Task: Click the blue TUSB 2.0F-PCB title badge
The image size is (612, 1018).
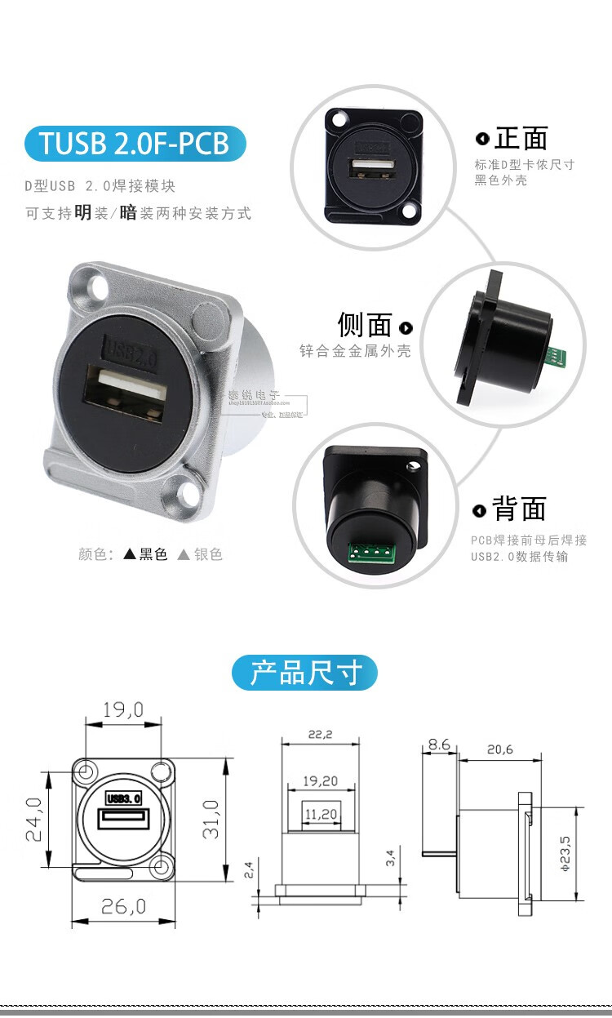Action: (135, 144)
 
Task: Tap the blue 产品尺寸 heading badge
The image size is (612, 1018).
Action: (305, 673)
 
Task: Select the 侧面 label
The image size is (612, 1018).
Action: (365, 325)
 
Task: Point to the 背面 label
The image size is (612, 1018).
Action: (520, 509)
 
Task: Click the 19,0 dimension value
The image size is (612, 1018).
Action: (123, 710)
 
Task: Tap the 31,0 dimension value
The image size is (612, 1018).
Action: (211, 819)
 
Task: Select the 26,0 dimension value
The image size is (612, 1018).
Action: (124, 906)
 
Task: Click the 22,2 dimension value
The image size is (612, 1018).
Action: (320, 734)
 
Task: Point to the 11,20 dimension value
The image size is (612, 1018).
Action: (320, 814)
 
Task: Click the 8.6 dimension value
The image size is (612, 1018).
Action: (438, 745)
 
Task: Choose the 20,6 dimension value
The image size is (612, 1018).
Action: (499, 749)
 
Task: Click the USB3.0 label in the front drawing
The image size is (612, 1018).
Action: (124, 798)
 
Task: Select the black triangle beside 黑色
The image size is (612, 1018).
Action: (130, 554)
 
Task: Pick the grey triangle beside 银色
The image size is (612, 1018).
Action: (184, 554)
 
